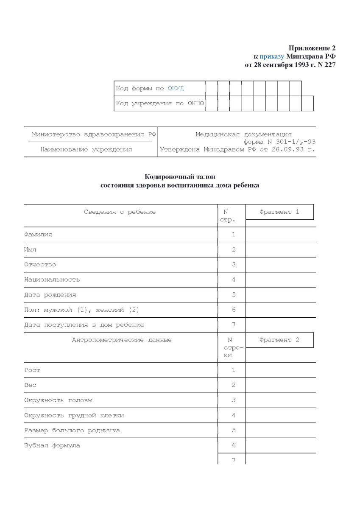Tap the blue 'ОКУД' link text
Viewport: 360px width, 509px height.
pyautogui.click(x=176, y=88)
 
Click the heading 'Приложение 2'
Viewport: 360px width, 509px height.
pyautogui.click(x=312, y=48)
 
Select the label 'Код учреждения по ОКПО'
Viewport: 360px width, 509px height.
pyautogui.click(x=160, y=103)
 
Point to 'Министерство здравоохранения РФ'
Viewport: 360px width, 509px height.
pyautogui.click(x=94, y=134)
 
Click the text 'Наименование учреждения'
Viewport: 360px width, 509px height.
pyautogui.click(x=86, y=149)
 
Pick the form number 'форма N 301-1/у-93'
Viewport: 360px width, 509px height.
pyautogui.click(x=279, y=142)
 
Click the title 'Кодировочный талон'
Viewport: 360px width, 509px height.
pyautogui.click(x=180, y=177)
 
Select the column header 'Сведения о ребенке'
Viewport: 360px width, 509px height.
pyautogui.click(x=120, y=212)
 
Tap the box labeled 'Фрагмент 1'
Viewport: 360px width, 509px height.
pyautogui.click(x=279, y=212)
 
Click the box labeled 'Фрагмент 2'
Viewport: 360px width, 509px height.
pyautogui.click(x=279, y=340)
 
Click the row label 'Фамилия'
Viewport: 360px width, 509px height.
pyautogui.click(x=38, y=234)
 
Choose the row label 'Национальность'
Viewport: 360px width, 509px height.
pyautogui.click(x=52, y=280)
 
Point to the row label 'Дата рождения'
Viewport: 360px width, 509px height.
pyautogui.click(x=50, y=294)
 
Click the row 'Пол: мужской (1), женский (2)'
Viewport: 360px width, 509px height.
pyautogui.click(x=81, y=310)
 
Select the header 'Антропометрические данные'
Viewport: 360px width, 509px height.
pyautogui.click(x=122, y=340)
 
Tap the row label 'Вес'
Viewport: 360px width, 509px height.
pyautogui.click(x=30, y=385)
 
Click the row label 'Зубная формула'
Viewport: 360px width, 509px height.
pyautogui.click(x=52, y=445)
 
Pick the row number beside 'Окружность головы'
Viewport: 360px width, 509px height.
pyautogui.click(x=233, y=400)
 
